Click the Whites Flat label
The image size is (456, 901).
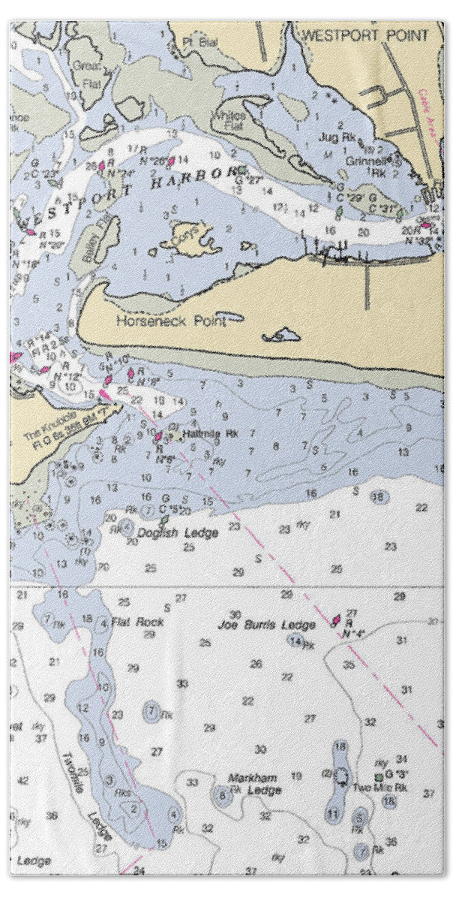(227, 120)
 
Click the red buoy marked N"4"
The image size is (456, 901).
(337, 621)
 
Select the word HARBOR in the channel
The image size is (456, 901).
(188, 178)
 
